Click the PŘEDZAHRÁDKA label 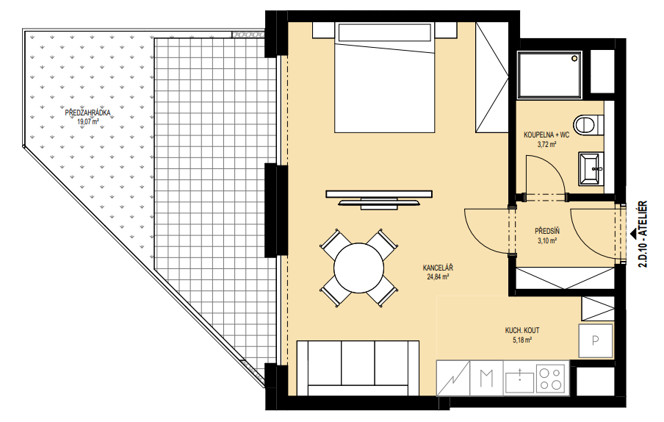coord(87,113)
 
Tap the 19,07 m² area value coord(88,121)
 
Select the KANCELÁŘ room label coord(438,268)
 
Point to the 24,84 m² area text coord(438,276)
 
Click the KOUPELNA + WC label coord(546,135)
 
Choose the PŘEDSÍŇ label coord(547,232)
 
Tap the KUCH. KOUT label coord(522,331)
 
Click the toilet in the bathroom coord(588,125)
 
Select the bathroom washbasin coord(591,169)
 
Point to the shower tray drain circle coord(574,58)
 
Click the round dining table coord(358,268)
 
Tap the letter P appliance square coord(596,340)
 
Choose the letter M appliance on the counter coord(486,378)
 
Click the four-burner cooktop coord(551,378)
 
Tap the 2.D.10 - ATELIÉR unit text coord(643,234)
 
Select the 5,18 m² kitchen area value coord(522,340)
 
